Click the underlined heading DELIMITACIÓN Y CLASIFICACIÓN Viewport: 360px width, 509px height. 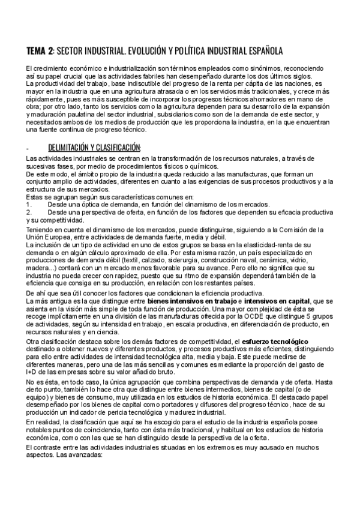point(94,148)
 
